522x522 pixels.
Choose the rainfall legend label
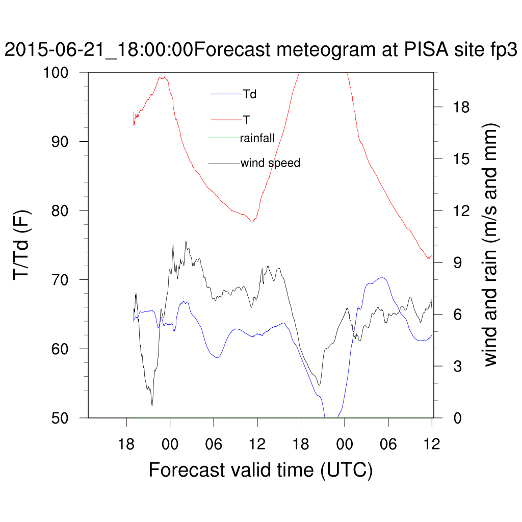257,138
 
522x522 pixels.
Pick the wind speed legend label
270,163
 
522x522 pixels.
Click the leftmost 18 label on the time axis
126,445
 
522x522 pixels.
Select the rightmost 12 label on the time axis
432,445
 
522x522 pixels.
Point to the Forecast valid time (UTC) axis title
260,469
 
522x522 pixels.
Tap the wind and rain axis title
490,245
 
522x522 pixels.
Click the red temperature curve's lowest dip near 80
252,222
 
